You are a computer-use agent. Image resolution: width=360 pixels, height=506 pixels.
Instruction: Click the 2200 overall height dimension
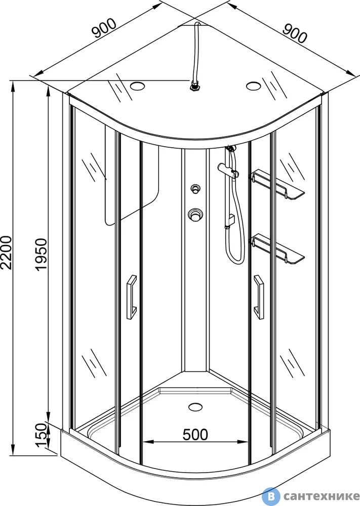point(7,252)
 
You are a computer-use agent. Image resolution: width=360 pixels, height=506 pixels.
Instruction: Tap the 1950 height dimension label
point(42,255)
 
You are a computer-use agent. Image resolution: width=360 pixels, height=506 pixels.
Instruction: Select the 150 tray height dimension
point(42,435)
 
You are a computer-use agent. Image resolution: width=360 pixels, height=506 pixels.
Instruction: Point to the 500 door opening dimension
point(195,434)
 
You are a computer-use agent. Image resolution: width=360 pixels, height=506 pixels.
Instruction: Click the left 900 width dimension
point(104,28)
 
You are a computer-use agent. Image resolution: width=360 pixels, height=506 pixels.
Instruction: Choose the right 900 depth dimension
point(295,33)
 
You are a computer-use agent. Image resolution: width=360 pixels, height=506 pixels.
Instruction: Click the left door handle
point(131,297)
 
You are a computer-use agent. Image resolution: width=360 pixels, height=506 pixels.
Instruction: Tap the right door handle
point(259,297)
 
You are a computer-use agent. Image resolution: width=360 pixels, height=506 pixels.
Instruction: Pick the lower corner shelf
point(276,248)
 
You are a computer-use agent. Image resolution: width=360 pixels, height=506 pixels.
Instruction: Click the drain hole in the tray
point(195,407)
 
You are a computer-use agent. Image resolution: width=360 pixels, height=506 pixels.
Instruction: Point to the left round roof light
point(137,86)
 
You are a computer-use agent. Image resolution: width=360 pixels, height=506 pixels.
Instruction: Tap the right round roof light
point(253,86)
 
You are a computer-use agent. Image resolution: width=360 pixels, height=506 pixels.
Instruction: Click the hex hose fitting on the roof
point(194,87)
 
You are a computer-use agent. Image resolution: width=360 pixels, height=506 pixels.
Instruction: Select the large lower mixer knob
point(195,215)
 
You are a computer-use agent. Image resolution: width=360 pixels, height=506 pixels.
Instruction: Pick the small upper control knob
point(195,189)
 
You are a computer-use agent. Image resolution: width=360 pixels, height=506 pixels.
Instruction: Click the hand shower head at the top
point(230,148)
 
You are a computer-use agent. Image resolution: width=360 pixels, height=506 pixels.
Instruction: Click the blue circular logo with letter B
point(270,496)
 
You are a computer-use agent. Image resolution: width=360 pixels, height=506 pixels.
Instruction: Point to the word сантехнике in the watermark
point(321,496)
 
